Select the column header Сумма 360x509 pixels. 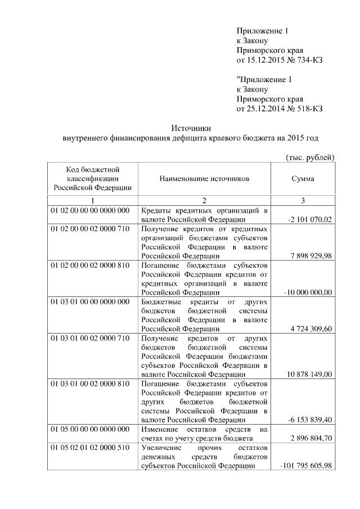(303, 179)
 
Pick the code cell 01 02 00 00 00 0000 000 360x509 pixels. (90, 210)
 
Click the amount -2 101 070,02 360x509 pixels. (309, 219)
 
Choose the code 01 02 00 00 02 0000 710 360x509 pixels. (90, 229)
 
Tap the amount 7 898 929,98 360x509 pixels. (312, 256)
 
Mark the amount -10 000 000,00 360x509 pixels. (309, 292)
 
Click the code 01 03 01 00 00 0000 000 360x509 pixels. (90, 302)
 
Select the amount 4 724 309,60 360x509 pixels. (312, 329)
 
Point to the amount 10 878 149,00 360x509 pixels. (310, 375)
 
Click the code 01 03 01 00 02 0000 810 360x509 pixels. (90, 384)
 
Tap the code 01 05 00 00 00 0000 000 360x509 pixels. (90, 429)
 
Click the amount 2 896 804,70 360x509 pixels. (312, 438)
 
